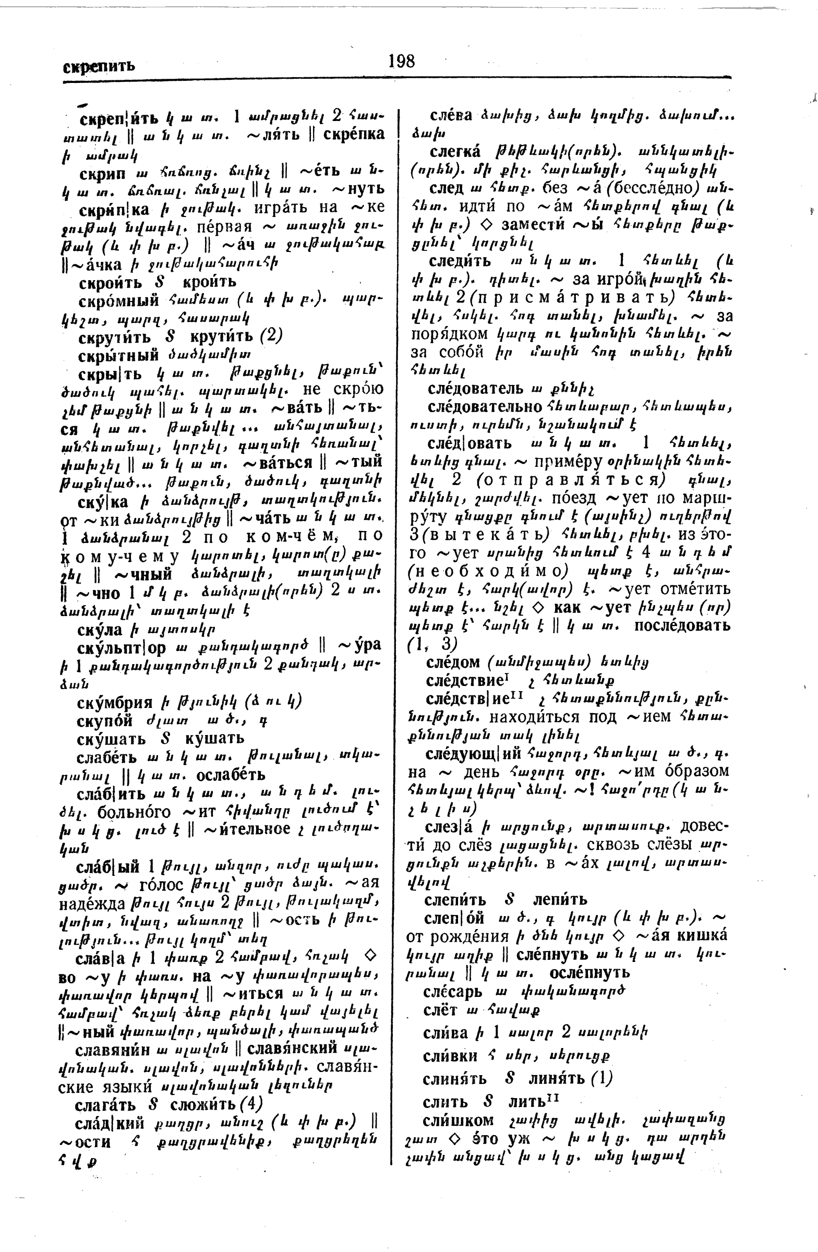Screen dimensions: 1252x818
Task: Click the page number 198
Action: coord(401,62)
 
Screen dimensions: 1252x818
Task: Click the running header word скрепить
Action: coord(99,66)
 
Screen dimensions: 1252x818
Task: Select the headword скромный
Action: coord(119,300)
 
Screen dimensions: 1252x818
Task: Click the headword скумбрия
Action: coord(115,702)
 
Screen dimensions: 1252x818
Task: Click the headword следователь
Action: coord(476,389)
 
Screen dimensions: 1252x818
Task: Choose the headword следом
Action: coord(453,661)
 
